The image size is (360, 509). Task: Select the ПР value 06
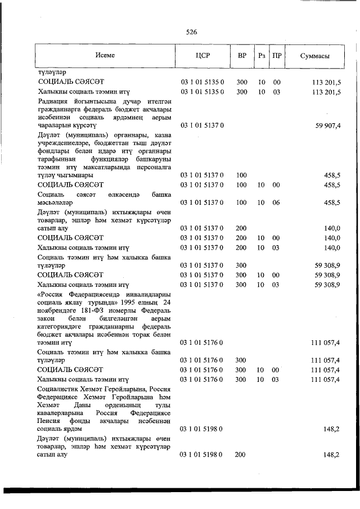[276, 202]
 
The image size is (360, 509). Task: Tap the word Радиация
[55, 101]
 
